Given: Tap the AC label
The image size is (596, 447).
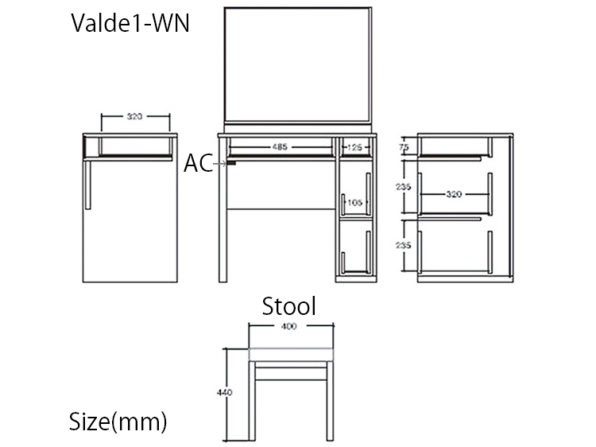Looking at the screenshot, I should (198, 164).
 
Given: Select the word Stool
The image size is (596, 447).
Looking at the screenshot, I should (290, 305).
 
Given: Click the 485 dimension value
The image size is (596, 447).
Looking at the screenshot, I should (279, 147).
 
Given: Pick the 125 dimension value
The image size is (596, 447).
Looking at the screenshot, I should (354, 147).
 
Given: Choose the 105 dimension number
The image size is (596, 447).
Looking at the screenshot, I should (354, 204).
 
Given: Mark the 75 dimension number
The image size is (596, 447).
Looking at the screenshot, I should (404, 147).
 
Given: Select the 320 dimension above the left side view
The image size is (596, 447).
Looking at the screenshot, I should (135, 117).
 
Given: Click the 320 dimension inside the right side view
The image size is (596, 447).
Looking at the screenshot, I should (454, 193).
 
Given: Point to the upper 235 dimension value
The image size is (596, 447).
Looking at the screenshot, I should (404, 186).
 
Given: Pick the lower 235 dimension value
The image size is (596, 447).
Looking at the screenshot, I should (404, 246).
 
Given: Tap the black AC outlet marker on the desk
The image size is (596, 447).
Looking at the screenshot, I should (232, 163).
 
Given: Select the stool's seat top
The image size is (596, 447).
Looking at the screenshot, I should (290, 355).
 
